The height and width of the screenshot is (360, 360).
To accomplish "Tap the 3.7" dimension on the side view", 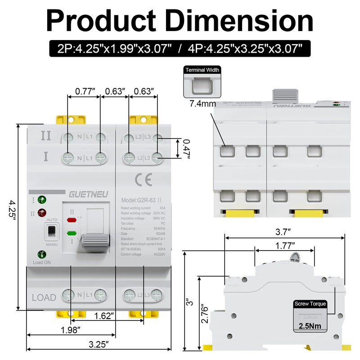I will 284,232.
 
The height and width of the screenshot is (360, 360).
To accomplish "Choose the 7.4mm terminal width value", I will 202,104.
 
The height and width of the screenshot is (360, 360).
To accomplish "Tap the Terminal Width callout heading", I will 202,70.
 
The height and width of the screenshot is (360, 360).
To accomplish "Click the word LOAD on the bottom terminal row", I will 44,297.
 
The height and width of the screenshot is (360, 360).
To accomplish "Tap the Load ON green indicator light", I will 42,254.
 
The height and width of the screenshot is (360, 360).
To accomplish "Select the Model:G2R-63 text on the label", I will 139,200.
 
